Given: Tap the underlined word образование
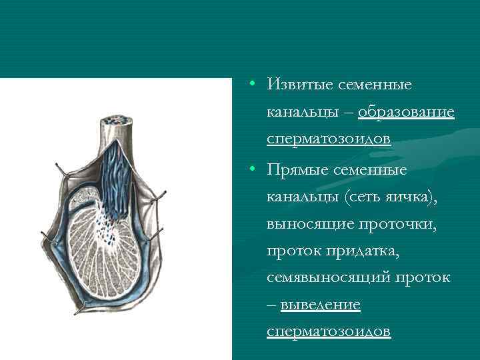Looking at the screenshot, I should [x=406, y=112].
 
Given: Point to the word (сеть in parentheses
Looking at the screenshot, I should [x=365, y=197].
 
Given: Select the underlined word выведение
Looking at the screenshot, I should [x=320, y=304].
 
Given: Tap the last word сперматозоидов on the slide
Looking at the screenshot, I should [x=328, y=331].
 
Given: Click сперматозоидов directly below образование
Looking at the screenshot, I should [x=328, y=139].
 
